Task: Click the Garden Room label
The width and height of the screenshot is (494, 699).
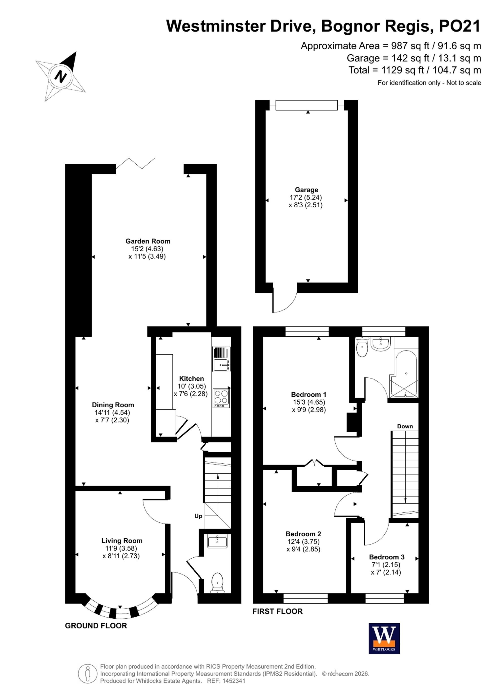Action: pos(148,241)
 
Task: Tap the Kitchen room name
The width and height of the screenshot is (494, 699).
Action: pos(191,378)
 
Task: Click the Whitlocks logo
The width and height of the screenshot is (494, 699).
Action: pos(384,638)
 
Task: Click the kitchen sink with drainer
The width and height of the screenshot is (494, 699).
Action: pos(221,359)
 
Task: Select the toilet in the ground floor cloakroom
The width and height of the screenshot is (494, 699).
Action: pos(217,583)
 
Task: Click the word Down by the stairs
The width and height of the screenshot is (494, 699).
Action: pos(405,426)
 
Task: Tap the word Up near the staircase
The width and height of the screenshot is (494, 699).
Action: pos(198,516)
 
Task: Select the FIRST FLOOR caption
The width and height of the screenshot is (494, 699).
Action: pos(277,611)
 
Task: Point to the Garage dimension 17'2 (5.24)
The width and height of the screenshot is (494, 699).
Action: pos(306,197)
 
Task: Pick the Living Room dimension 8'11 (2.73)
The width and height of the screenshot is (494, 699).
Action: pos(121,556)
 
